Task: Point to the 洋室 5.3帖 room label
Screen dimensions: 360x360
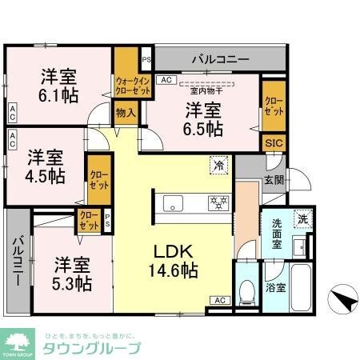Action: (x=73, y=273)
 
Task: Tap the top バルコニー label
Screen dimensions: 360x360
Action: (x=220, y=58)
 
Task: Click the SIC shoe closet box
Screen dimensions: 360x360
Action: (x=273, y=142)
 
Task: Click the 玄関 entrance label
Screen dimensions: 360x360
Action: (x=273, y=181)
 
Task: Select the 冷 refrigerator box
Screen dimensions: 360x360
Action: (x=218, y=166)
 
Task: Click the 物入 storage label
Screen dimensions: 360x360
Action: (x=126, y=114)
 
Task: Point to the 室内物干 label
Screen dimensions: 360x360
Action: (x=206, y=82)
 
